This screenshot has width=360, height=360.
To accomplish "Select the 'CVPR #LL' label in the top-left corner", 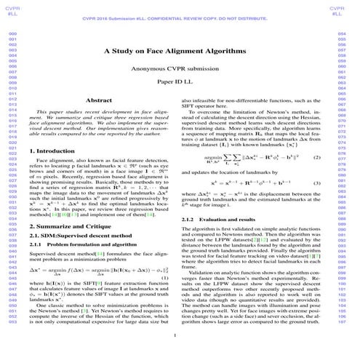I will click(x=10, y=11).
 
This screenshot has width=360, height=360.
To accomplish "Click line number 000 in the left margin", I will click(x=12, y=33).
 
